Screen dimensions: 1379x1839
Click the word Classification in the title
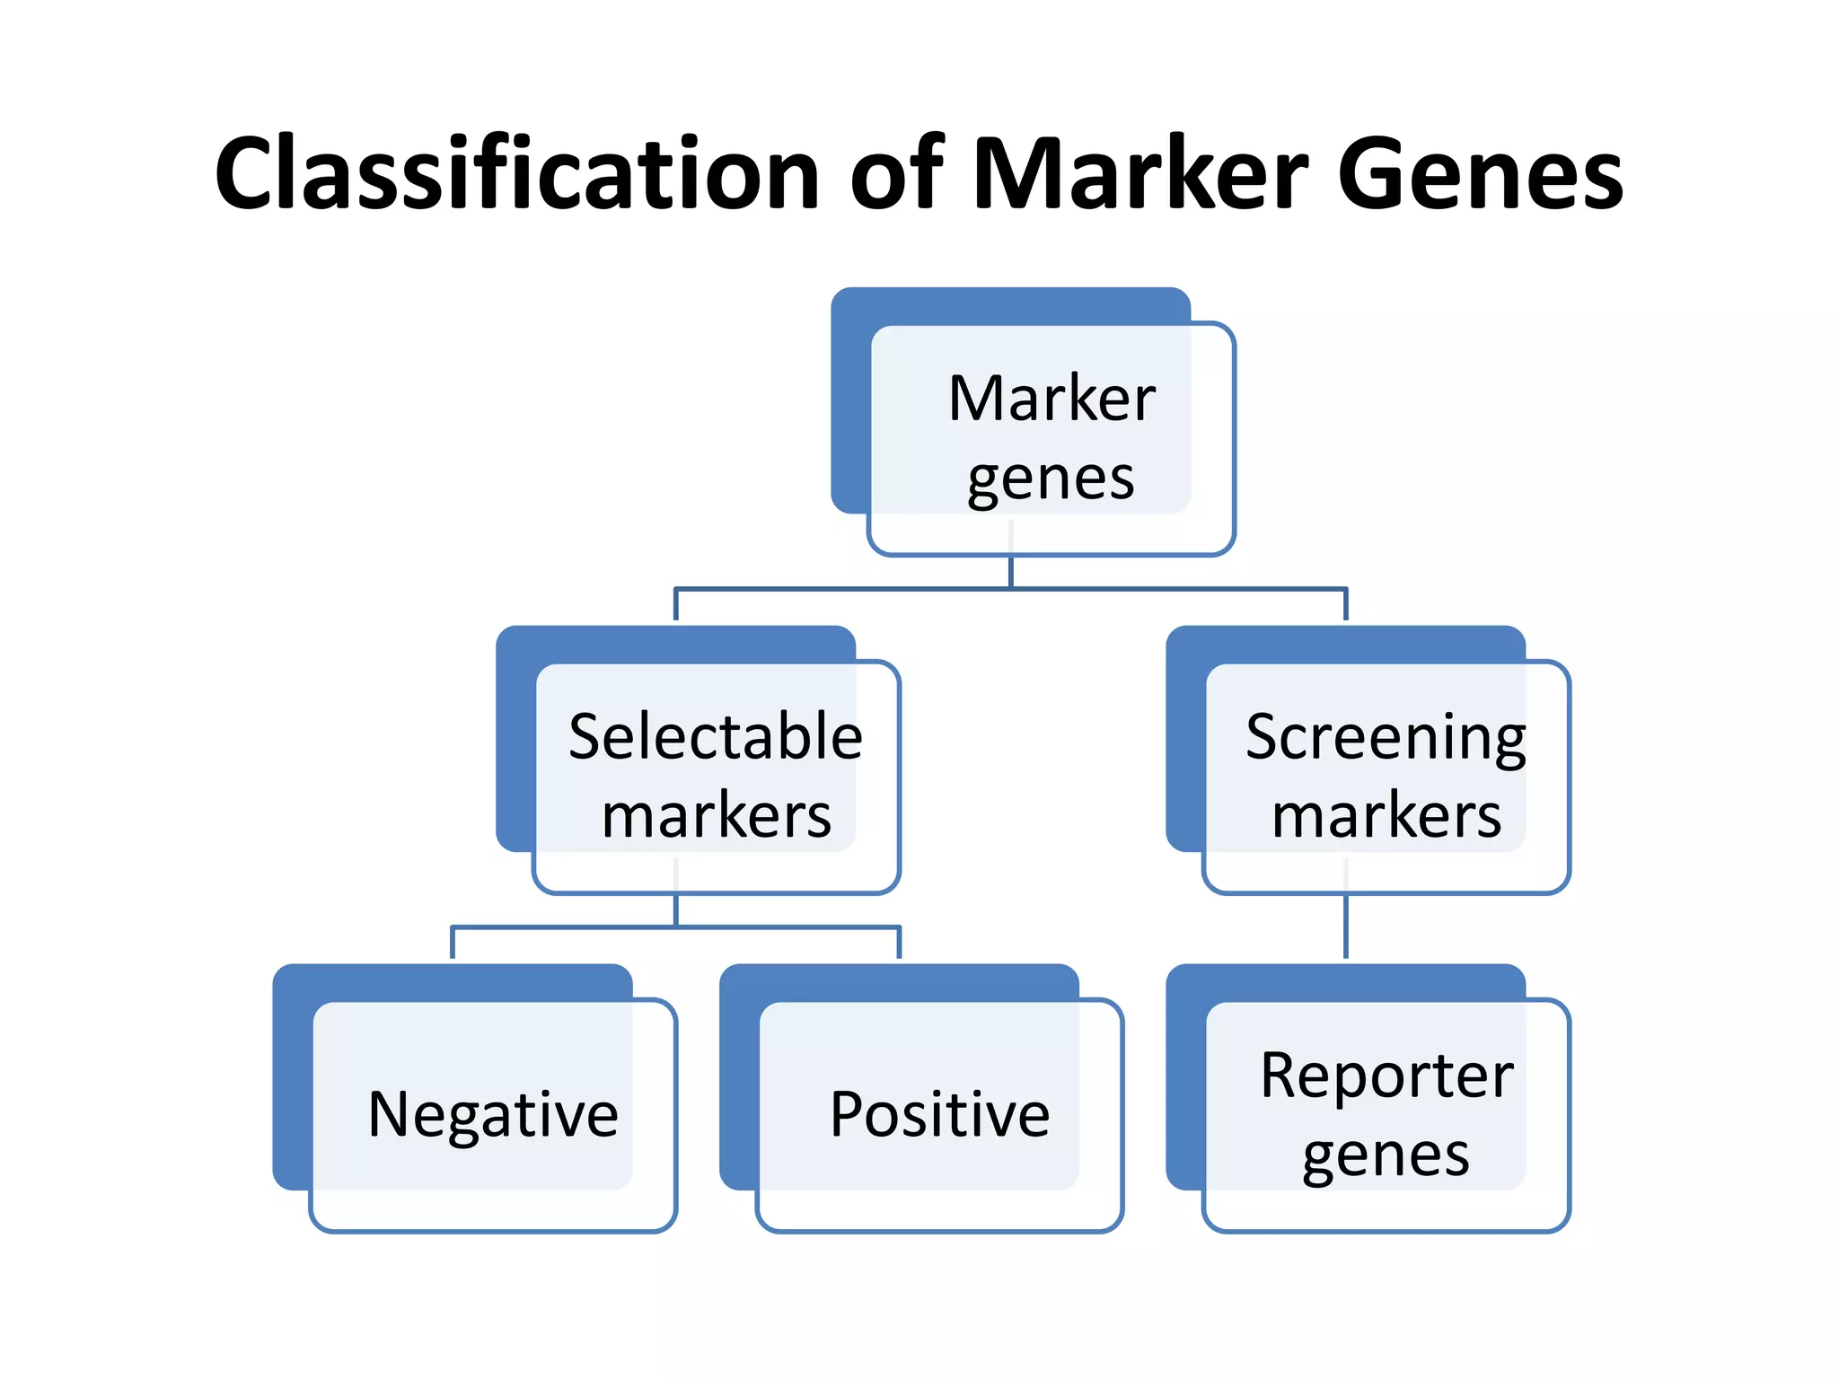point(516,172)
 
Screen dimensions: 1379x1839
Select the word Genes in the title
point(1480,172)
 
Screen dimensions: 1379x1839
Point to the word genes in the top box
point(1051,479)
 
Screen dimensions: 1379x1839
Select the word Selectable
point(716,737)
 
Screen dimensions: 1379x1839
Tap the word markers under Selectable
point(717,816)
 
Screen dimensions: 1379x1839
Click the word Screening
point(1386,737)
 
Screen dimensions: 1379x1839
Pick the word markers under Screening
point(1386,816)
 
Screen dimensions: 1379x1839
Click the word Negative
point(493,1114)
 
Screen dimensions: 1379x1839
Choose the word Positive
point(939,1114)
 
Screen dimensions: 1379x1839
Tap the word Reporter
point(1386,1075)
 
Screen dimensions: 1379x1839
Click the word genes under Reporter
point(1386,1155)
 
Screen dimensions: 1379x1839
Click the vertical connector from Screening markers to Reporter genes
point(1345,927)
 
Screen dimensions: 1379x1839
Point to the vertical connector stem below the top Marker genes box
point(1011,572)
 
